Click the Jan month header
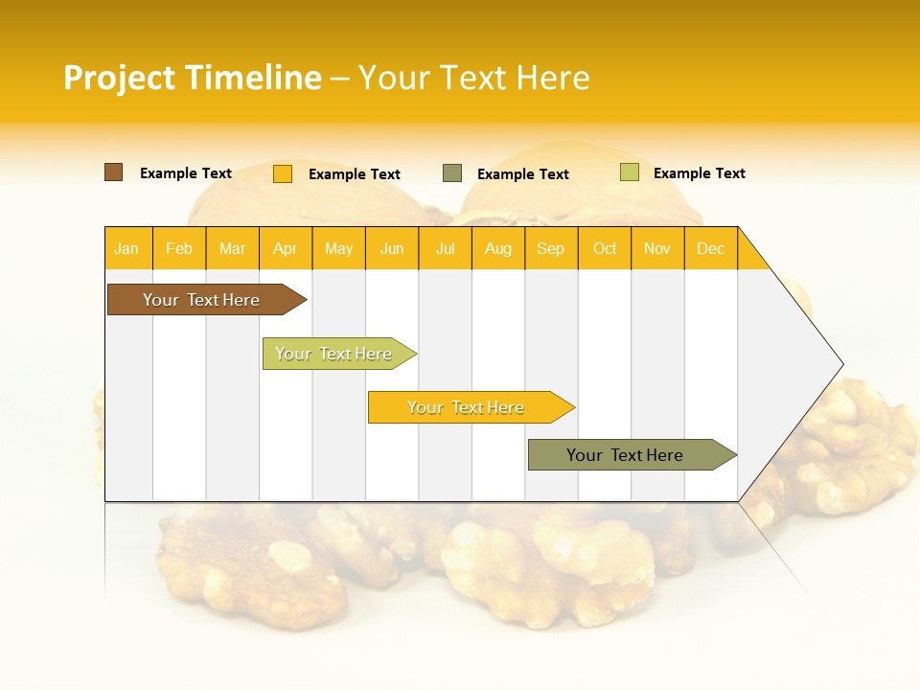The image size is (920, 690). [x=126, y=249]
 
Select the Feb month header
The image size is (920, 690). [x=179, y=249]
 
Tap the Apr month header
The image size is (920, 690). [x=285, y=249]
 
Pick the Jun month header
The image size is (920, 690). [x=392, y=249]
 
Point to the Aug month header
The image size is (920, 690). [x=497, y=249]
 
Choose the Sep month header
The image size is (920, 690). [x=550, y=249]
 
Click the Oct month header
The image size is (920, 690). [x=605, y=249]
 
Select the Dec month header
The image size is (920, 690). [x=710, y=249]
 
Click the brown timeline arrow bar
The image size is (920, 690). [x=201, y=300]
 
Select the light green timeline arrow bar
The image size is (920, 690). [x=333, y=354]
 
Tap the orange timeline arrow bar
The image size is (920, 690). [x=466, y=407]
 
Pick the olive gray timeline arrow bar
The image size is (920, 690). [x=625, y=455]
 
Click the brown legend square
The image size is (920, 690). [x=113, y=172]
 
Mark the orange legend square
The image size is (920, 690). [x=283, y=173]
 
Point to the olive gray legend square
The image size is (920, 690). [x=452, y=173]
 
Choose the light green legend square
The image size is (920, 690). [x=629, y=172]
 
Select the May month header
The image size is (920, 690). [x=338, y=249]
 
